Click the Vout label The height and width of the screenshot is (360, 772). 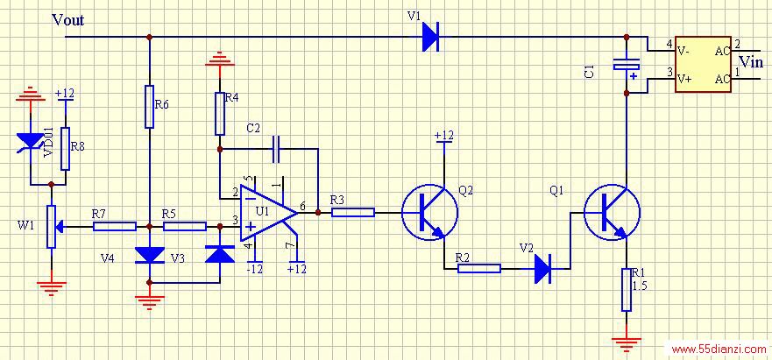68,19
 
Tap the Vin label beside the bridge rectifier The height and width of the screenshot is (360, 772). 751,61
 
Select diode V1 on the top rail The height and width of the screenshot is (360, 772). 431,37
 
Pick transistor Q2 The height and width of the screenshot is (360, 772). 430,212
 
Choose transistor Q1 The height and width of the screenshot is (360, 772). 612,212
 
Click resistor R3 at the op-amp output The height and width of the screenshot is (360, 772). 353,212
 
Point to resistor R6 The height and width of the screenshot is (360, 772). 150,106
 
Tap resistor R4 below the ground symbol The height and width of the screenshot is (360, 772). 220,113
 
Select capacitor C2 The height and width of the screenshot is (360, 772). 276,149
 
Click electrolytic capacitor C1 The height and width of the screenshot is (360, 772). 627,65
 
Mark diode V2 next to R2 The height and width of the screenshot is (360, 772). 543,268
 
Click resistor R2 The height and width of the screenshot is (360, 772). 479,268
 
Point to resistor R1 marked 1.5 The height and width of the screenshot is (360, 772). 627,290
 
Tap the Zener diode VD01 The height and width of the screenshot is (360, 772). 30,141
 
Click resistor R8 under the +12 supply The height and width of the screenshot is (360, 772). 65,149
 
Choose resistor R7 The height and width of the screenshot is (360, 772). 115,227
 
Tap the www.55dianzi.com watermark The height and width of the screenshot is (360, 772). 719,349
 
